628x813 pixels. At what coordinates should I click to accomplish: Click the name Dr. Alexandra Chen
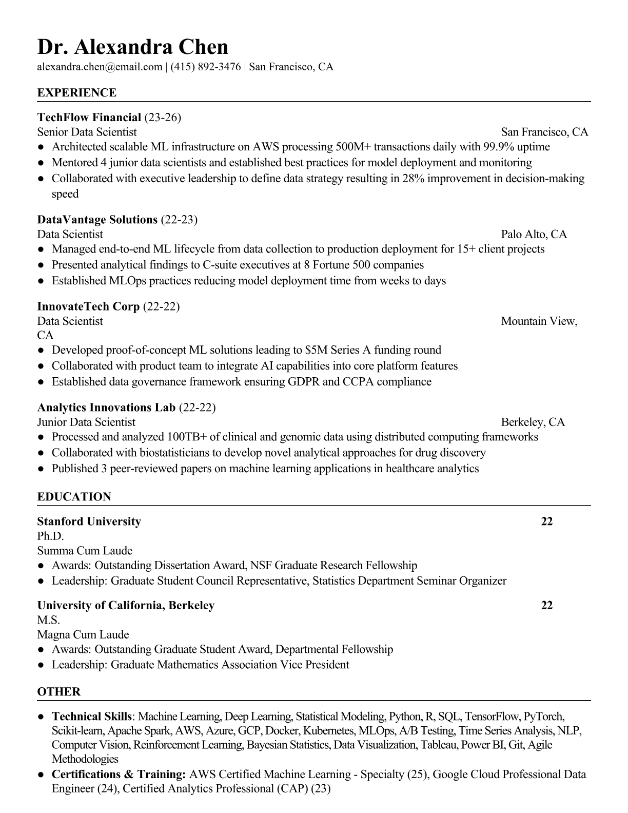[x=132, y=47]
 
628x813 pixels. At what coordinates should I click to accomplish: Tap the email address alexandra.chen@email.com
[x=100, y=67]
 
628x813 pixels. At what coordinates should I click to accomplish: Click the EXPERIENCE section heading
[x=77, y=93]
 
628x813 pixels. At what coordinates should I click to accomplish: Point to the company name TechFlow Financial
[x=89, y=118]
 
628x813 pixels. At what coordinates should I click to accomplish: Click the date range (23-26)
[x=163, y=118]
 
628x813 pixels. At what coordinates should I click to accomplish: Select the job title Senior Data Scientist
[x=87, y=132]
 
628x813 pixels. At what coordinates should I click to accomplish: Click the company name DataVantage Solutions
[x=97, y=220]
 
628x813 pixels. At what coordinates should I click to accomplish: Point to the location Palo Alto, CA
[x=534, y=235]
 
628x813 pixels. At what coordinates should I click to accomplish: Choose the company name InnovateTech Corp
[x=88, y=306]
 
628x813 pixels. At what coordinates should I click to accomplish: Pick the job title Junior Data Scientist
[x=86, y=422]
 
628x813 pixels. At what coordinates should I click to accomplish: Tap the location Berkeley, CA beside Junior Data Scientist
[x=533, y=422]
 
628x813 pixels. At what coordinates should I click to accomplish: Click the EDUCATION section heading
[x=74, y=497]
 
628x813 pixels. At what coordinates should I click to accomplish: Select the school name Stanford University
[x=89, y=521]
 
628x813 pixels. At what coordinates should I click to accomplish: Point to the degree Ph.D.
[x=50, y=536]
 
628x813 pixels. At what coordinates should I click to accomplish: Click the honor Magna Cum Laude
[x=83, y=634]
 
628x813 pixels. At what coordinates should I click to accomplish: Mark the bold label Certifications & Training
[x=119, y=774]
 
